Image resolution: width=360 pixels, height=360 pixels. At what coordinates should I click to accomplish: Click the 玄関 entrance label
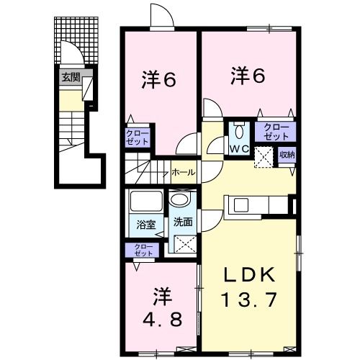point(70,77)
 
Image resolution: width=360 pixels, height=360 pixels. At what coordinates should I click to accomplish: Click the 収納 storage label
point(287,155)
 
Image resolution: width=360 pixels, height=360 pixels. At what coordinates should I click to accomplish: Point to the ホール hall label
point(181,174)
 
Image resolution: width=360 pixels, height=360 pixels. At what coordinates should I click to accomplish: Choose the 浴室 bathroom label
point(146,224)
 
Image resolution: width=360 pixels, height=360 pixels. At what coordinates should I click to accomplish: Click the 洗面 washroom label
point(181,222)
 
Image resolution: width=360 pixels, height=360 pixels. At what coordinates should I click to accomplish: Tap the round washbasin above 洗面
point(181,199)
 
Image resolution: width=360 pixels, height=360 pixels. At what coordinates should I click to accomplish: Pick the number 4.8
point(161,317)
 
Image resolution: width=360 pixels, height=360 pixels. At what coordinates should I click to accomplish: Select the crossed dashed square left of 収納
point(264,156)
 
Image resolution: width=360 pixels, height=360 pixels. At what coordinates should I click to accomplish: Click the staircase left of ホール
point(148,173)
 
